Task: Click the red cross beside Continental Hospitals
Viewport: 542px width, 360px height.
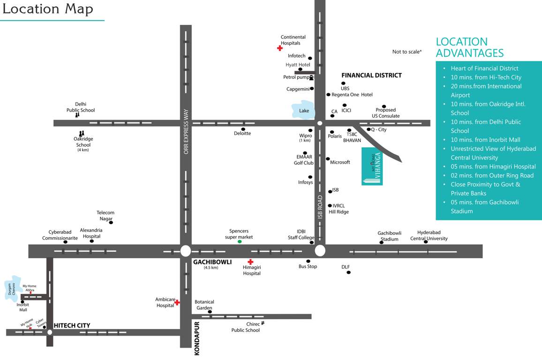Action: [x=280, y=48]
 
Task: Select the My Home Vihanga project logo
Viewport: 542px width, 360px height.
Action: [x=376, y=166]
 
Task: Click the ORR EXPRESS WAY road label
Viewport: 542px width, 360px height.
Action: [x=186, y=131]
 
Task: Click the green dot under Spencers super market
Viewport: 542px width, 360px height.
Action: [x=240, y=241]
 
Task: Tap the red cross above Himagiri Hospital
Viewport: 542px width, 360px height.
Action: [x=250, y=262]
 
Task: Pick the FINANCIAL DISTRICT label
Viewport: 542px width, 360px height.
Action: [x=371, y=75]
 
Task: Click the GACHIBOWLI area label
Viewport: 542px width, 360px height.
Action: [x=212, y=262]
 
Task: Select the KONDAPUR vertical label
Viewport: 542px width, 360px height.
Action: [x=197, y=338]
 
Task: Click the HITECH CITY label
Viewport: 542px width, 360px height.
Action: [x=72, y=325]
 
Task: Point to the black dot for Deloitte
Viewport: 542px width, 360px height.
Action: [x=243, y=129]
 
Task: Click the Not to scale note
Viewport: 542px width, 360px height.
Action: [x=407, y=52]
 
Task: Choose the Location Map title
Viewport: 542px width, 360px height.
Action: [x=47, y=9]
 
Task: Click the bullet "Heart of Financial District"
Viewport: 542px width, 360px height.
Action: [x=484, y=68]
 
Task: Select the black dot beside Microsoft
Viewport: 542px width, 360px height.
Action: [x=328, y=159]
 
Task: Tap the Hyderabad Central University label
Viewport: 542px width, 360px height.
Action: [x=429, y=235]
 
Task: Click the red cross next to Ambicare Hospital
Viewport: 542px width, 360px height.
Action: [x=177, y=302]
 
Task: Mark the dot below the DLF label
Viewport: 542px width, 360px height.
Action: [x=348, y=272]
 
